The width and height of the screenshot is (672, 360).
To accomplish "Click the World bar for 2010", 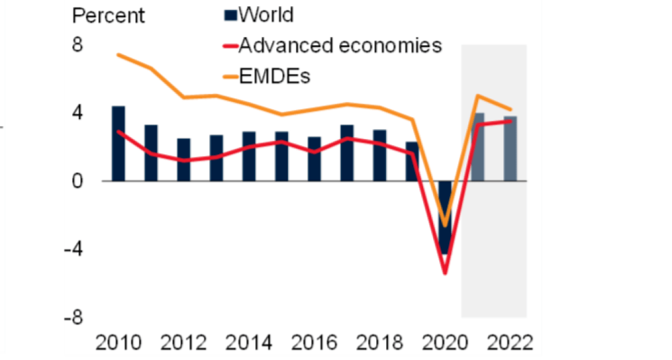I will coord(118,143).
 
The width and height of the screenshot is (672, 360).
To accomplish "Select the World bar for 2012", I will coord(183,159).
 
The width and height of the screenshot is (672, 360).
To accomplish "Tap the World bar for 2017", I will coord(347,153).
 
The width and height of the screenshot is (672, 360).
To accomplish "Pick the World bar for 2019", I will coord(412,161).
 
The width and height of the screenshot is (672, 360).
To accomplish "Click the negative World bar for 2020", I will coord(445,216).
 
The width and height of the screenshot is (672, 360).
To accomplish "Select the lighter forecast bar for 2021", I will coord(477,147).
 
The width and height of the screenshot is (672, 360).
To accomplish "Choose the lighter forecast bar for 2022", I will coord(510,148).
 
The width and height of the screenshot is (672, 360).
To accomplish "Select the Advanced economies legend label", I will coord(340,45).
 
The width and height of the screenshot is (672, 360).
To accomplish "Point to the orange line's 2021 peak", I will coord(477,96).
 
